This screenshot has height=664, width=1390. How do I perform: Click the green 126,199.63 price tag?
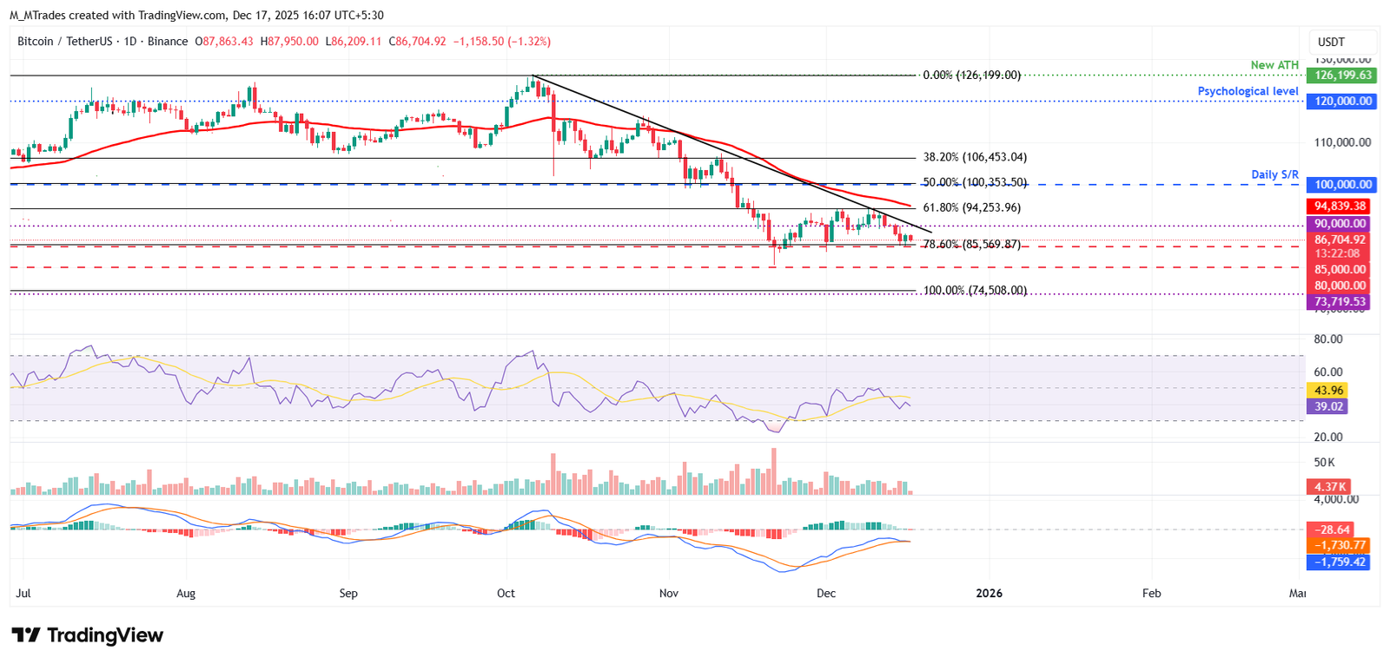click(x=1342, y=76)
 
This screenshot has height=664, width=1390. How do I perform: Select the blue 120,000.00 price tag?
click(x=1342, y=102)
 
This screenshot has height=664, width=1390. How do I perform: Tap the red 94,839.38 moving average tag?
click(x=1339, y=207)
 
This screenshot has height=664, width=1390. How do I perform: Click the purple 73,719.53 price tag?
click(x=1339, y=302)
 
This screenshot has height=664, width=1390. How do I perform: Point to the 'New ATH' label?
click(x=1274, y=65)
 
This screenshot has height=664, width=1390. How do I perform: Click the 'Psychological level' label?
click(x=1248, y=91)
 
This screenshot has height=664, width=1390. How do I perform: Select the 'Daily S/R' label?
click(x=1274, y=174)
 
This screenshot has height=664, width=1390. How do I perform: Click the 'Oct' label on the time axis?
click(x=506, y=594)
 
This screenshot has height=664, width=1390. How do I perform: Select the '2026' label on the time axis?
click(x=989, y=594)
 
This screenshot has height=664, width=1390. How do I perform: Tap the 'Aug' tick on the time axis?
click(x=186, y=594)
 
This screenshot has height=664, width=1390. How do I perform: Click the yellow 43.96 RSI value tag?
click(x=1328, y=391)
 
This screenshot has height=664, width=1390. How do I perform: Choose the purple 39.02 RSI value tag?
click(x=1328, y=406)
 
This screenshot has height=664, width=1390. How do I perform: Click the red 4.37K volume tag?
click(x=1329, y=487)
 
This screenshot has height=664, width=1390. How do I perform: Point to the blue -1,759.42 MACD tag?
click(x=1339, y=562)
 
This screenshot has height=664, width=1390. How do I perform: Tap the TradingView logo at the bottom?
click(x=87, y=635)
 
